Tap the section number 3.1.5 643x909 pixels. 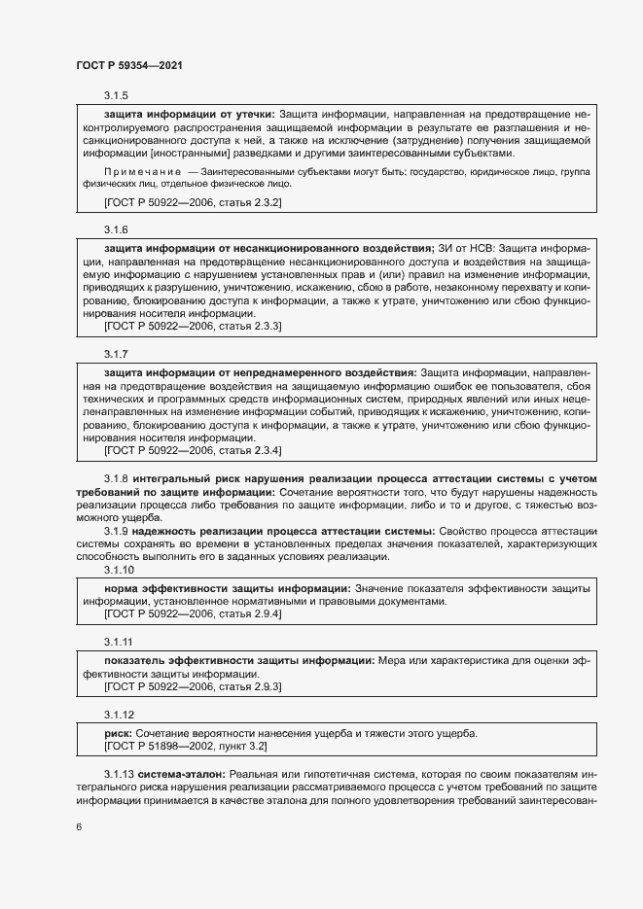116,96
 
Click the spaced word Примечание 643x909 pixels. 142,170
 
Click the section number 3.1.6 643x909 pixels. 116,228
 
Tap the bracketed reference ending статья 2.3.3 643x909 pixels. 193,327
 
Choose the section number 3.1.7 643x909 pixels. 116,353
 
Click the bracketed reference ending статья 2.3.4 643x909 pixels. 193,451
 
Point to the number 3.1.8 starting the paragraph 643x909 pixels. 116,479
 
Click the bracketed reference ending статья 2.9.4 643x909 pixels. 193,614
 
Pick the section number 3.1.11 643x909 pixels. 119,642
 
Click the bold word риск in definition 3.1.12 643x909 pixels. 118,732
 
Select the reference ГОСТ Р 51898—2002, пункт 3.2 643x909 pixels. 185,746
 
